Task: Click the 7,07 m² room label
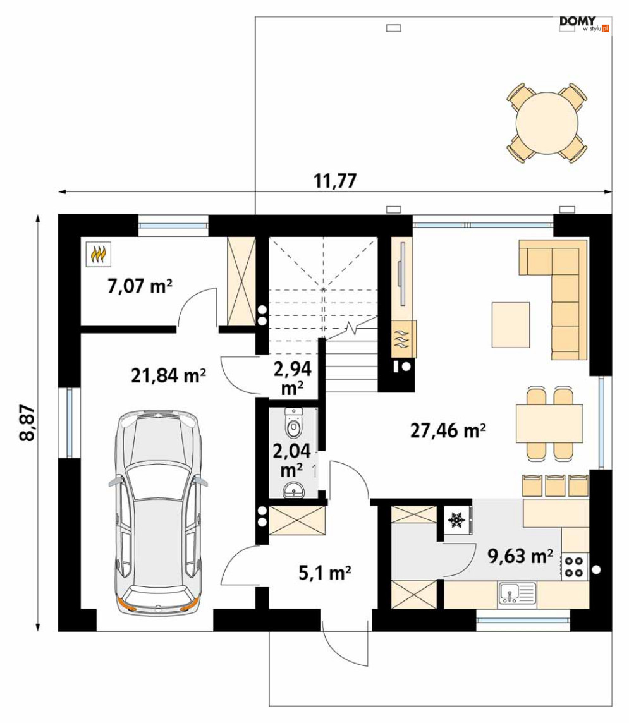[140, 286]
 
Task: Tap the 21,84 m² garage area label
[168, 376]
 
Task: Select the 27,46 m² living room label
[448, 430]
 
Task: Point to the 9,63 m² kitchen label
[521, 557]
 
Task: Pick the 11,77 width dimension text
[335, 181]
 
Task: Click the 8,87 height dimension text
[28, 423]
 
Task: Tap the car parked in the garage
[157, 511]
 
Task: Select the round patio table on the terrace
[547, 123]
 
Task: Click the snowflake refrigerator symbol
[456, 520]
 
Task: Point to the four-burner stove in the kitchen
[574, 567]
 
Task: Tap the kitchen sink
[517, 593]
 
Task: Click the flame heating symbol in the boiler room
[99, 254]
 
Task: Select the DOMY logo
[584, 23]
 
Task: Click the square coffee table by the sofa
[511, 325]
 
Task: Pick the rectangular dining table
[549, 423]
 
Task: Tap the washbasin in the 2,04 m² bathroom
[293, 490]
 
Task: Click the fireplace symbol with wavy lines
[403, 339]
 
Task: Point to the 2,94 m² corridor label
[292, 378]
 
